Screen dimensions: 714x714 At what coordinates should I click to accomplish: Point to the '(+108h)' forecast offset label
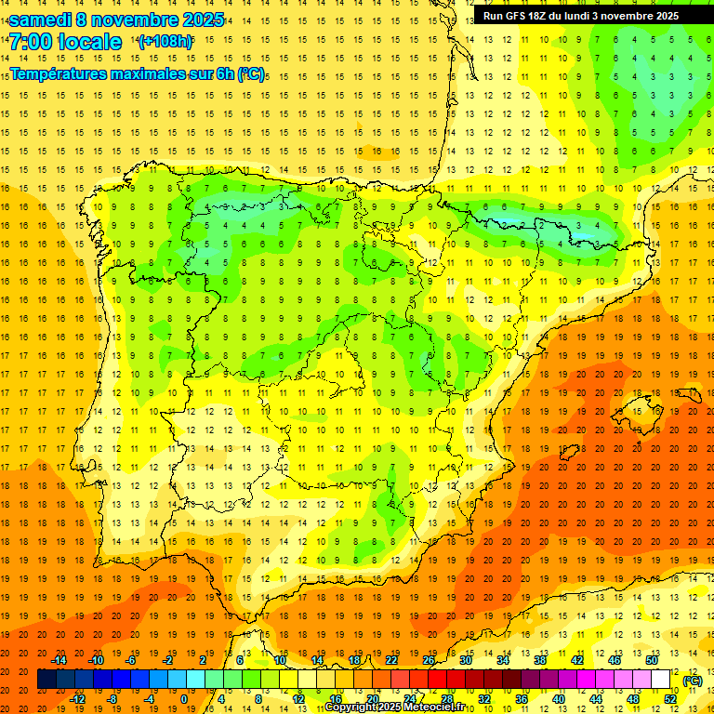point(165,42)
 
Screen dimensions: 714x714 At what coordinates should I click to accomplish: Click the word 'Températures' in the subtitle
point(57,73)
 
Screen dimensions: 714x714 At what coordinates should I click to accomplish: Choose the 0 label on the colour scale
point(184,699)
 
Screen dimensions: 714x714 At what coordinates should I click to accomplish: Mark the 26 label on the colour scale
point(429,660)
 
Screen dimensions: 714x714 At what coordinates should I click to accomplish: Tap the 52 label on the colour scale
point(670,699)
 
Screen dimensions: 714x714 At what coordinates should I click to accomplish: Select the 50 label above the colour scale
point(652,660)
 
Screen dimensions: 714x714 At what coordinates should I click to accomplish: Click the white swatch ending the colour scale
point(661,680)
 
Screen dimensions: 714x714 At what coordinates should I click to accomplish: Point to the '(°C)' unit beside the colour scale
point(693,681)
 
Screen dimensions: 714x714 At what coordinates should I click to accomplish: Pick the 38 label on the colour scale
point(540,660)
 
